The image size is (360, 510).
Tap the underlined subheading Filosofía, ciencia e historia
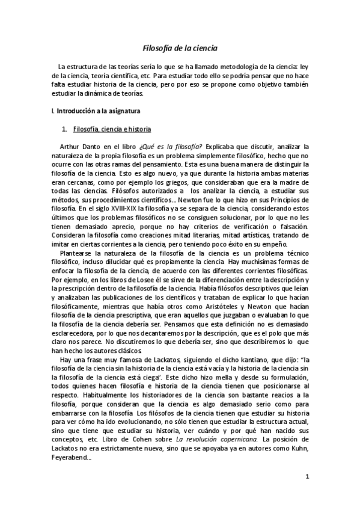(112, 129)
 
